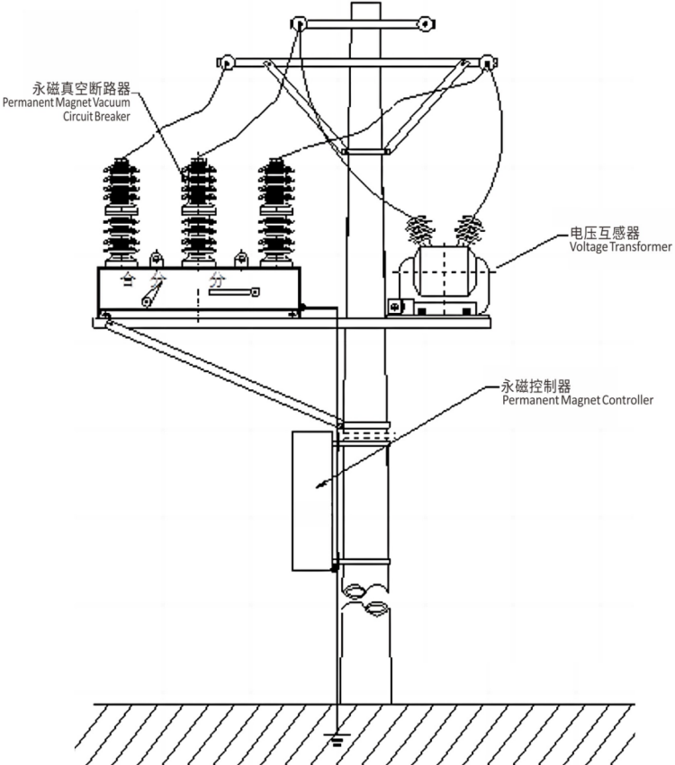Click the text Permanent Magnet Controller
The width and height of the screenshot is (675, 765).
click(x=577, y=400)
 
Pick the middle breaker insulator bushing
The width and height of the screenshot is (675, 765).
click(x=198, y=211)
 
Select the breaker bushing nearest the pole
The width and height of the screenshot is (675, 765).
click(x=276, y=211)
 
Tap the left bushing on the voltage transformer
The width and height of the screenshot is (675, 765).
click(x=418, y=232)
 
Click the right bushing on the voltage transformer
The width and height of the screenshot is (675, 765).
click(x=467, y=231)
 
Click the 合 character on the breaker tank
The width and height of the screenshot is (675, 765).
click(x=129, y=280)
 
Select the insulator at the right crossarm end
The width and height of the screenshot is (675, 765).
click(x=489, y=64)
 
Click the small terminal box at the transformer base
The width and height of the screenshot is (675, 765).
click(x=393, y=307)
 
